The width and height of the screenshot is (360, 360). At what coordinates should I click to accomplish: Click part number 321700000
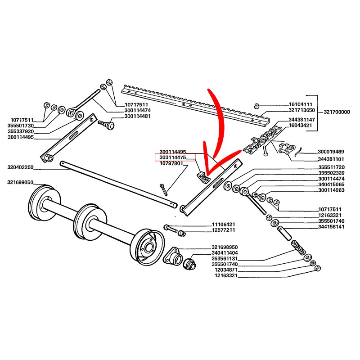[337, 112]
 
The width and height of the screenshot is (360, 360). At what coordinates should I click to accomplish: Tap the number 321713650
[302, 110]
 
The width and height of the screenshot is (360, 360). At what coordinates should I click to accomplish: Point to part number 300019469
[331, 152]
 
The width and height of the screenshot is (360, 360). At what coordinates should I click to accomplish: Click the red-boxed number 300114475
[173, 158]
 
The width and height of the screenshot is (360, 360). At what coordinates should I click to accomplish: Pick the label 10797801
[171, 163]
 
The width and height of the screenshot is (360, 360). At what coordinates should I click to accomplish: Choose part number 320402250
[21, 167]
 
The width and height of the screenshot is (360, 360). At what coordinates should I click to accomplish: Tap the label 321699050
[21, 183]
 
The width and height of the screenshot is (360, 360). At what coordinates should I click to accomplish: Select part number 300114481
[137, 117]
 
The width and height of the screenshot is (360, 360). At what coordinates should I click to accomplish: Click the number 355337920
[21, 131]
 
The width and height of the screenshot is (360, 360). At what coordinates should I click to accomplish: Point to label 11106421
[223, 225]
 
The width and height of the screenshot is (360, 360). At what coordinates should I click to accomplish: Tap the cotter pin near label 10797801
[164, 189]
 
